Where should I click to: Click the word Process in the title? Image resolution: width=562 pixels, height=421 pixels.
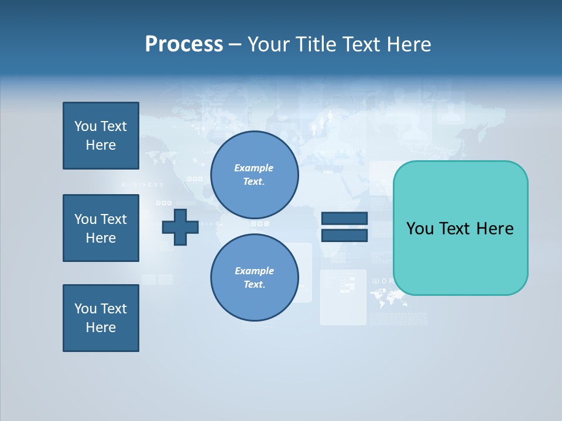coord(184,44)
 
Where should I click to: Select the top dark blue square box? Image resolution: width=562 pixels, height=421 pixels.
coord(101,136)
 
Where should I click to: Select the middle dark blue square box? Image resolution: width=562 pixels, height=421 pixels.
coord(101,228)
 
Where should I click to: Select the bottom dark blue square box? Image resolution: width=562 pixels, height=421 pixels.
coord(101,318)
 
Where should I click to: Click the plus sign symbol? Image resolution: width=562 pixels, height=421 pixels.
coord(180,227)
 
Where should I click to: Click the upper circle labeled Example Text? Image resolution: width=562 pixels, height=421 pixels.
coord(254,175)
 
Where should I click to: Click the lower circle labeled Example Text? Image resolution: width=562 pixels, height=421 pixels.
coord(254,278)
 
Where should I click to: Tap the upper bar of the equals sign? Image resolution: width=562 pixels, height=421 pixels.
coord(344,219)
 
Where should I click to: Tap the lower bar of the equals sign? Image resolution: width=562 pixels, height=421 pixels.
coord(344,235)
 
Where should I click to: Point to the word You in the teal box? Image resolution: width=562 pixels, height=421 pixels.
coord(420,229)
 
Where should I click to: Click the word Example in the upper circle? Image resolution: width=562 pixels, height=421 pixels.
coord(254,168)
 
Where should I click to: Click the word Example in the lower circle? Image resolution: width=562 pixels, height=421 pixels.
coord(254,271)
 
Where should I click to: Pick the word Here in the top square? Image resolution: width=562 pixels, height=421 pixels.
coord(101,145)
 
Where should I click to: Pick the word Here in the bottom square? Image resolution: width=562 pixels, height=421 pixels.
coord(101,327)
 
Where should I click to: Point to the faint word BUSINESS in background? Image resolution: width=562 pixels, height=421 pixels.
coord(142,185)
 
